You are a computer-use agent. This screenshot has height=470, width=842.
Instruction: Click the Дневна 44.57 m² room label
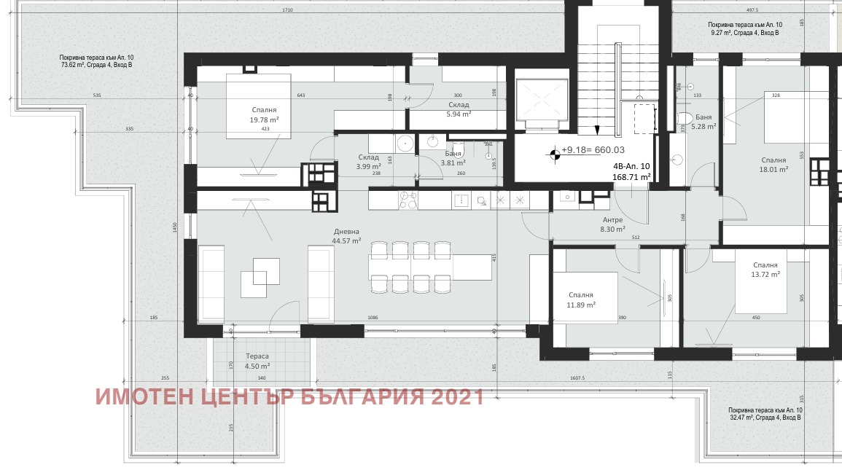[x=346, y=236]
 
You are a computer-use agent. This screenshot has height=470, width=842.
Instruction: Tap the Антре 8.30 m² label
[x=612, y=224]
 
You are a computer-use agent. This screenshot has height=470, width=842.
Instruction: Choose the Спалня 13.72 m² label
[x=765, y=270]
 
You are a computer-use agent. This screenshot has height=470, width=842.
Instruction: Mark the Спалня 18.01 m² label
[x=773, y=165]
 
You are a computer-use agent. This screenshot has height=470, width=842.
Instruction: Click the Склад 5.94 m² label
[x=459, y=109]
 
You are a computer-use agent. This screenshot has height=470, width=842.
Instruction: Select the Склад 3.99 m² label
[x=368, y=162]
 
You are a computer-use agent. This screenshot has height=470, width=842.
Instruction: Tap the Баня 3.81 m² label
[x=455, y=158]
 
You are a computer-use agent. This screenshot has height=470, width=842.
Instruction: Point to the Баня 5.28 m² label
[x=703, y=121]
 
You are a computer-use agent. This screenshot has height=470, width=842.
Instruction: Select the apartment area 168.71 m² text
[x=631, y=176]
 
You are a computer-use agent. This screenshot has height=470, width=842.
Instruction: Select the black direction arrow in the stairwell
[x=596, y=130]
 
